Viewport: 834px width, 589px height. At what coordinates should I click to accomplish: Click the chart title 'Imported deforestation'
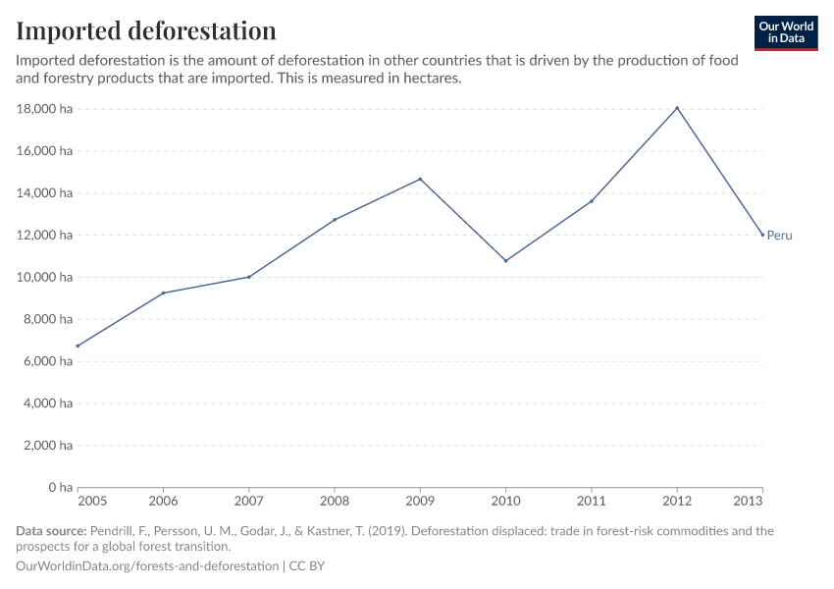(x=146, y=30)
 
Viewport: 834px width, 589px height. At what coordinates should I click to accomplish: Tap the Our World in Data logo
(x=785, y=32)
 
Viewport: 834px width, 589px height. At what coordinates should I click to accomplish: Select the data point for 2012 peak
(x=677, y=108)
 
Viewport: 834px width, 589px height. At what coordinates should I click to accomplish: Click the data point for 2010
(x=505, y=261)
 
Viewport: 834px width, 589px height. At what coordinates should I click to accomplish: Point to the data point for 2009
(x=420, y=179)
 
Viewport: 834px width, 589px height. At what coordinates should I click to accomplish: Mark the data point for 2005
(x=78, y=346)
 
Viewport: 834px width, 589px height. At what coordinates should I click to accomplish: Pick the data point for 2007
(x=249, y=277)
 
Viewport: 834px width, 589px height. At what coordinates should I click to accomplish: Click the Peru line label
(x=779, y=236)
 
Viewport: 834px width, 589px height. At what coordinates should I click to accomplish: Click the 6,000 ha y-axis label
(x=49, y=361)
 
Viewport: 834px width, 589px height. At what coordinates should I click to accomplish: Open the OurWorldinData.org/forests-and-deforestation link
(x=147, y=566)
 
